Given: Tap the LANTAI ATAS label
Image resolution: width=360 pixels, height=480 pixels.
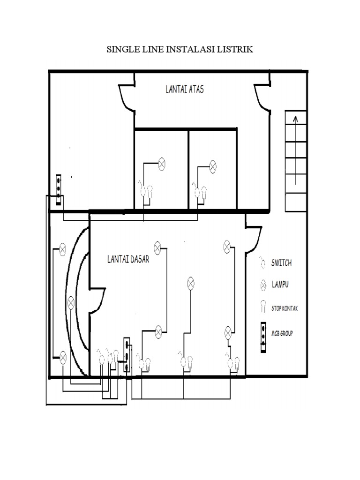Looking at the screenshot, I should [184, 90].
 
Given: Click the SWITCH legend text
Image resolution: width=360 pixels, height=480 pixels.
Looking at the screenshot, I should [281, 263].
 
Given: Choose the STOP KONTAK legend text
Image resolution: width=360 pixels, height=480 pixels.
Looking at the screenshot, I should [285, 308].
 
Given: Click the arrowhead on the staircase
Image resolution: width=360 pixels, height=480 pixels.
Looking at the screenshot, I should [295, 120].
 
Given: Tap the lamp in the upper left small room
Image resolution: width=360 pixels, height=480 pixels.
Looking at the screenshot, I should [161, 164].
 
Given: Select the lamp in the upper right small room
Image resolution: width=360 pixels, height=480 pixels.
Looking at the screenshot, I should [213, 165].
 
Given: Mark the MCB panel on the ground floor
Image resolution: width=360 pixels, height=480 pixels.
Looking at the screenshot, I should [126, 355].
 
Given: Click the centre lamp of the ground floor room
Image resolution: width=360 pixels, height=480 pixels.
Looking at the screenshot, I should [191, 283].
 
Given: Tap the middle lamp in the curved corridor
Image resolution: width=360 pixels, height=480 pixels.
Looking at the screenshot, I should [71, 302].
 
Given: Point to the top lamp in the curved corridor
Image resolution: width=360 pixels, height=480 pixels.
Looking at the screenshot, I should [62, 249].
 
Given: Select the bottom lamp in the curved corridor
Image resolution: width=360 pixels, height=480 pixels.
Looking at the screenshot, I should [62, 359].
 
